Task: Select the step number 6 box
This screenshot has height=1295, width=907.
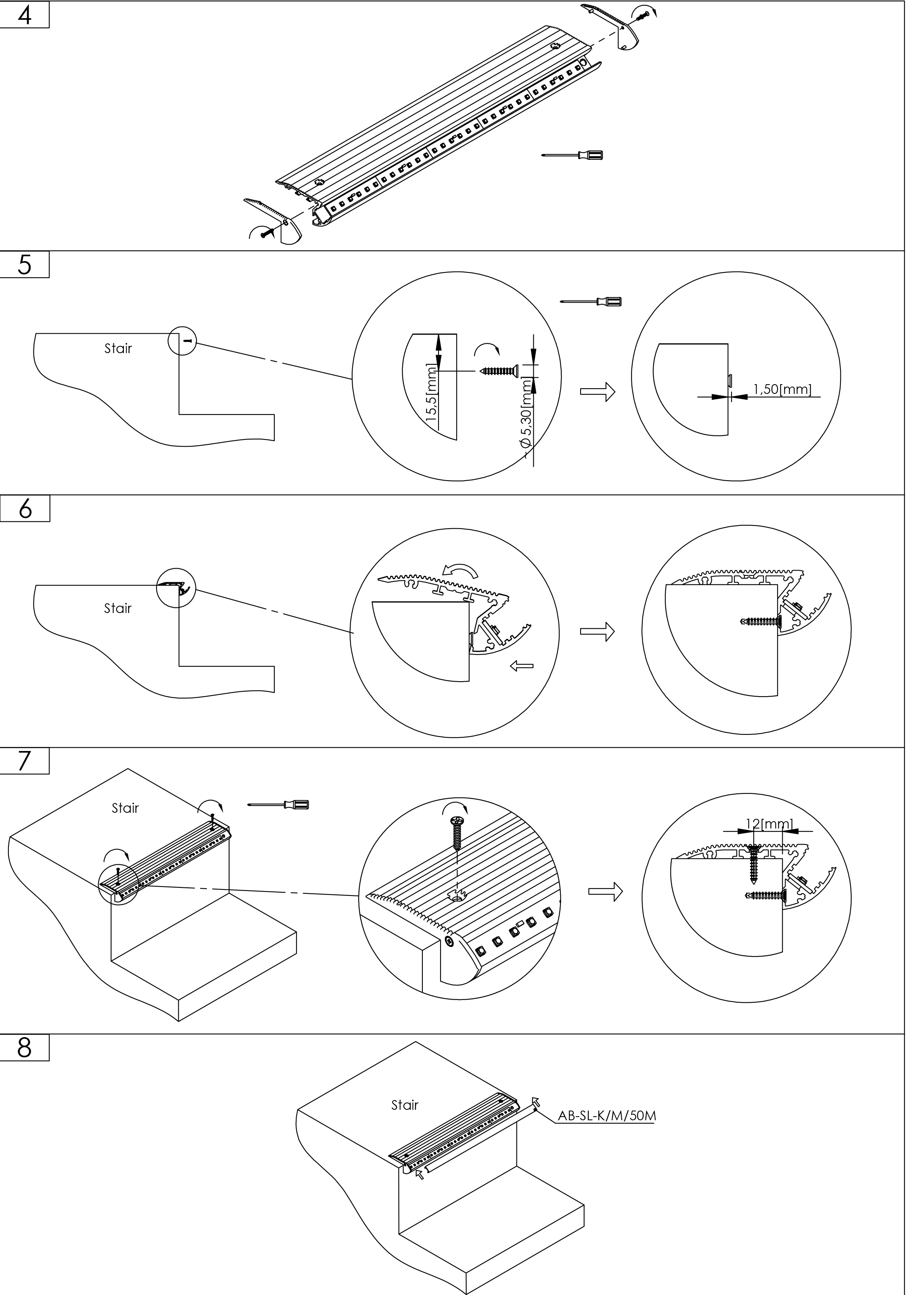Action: (25, 509)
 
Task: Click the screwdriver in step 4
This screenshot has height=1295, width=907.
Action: (572, 155)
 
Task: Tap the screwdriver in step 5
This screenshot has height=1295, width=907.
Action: (591, 301)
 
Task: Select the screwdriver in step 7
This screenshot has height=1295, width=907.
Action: (278, 804)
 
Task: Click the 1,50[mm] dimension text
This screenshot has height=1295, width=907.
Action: (782, 389)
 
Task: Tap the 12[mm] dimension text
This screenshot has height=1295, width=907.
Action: (769, 824)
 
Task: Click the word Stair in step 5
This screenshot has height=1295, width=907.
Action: (118, 349)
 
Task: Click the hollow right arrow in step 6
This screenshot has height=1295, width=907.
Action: (597, 631)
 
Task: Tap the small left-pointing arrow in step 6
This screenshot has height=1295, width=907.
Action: (521, 667)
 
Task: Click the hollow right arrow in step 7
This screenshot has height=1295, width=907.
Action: (605, 891)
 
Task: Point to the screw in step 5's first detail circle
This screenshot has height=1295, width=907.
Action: (497, 370)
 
